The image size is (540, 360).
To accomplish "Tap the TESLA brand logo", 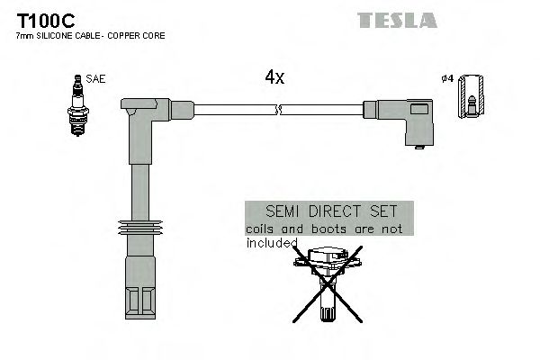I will point(397,20).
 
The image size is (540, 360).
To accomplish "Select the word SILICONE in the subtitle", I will point(58,36).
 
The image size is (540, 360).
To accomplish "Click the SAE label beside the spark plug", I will point(96,79).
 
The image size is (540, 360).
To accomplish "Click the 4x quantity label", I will point(274,78).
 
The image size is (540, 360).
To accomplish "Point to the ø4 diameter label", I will point(447,79).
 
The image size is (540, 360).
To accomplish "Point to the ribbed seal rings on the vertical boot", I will point(139,229).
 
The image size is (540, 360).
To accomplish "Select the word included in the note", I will point(271,242).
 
